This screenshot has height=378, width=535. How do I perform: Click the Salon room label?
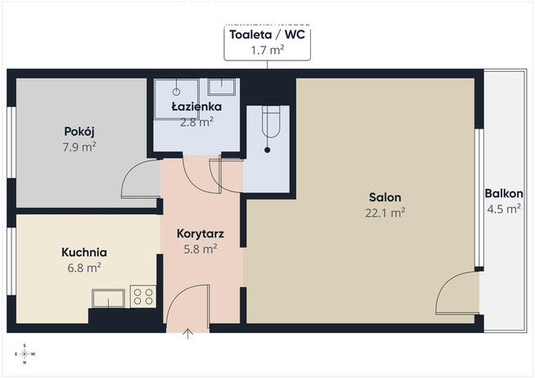pos(384,197)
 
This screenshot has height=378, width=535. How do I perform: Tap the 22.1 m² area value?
pos(384,213)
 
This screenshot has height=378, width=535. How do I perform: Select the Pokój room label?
pos(79,132)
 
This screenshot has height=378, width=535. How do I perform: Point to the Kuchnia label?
pos(84,252)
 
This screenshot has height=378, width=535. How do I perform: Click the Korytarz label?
pos(200,234)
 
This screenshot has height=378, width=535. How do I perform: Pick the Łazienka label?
pos(196,106)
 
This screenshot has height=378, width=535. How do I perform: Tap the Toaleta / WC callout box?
pos(267,43)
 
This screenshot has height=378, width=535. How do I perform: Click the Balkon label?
pos(504,193)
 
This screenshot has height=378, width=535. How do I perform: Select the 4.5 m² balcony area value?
pos(504,209)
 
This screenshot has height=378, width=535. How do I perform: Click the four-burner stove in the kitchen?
pos(143,296)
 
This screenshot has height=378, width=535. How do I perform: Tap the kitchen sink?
pos(108,298)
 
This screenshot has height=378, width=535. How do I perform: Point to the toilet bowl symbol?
pos(271,122)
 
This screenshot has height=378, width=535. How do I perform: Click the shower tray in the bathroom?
pos(177,99)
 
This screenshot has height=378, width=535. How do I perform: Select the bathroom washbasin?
pos(222,87)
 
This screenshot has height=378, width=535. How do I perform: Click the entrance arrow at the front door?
pos(187,334)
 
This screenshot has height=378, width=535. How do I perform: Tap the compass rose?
pos(25,354)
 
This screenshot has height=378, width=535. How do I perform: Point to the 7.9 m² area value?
pos(79,147)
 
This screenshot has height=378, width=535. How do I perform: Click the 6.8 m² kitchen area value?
pos(84,268)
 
